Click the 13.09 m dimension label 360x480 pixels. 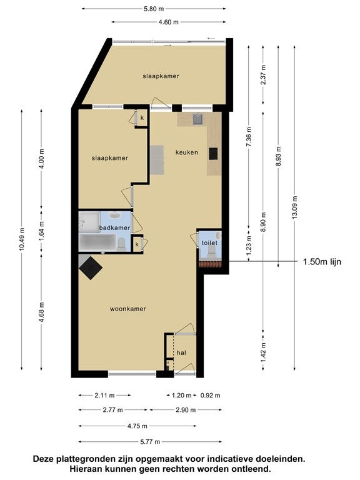pos(294,207)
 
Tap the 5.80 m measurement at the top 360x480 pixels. pos(154,9)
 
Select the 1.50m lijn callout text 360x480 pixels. pos(322,262)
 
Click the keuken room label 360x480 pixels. pos(187,152)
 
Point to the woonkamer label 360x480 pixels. pos(128,309)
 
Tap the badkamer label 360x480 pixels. pos(114,227)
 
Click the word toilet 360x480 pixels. pos(209,242)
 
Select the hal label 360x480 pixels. pos(181,352)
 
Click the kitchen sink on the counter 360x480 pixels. pos(198,119)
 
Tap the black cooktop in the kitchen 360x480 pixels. pos(213,154)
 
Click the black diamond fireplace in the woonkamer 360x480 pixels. pos(91,268)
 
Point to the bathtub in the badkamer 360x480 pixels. pos(97,242)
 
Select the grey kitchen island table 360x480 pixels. pos(157,160)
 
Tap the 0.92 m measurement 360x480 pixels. pos(210,395)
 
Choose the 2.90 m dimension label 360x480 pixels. pos(186,409)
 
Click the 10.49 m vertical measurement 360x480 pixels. pos(21,239)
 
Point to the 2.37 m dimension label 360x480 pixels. pos(263,75)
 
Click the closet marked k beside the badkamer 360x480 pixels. pos(137,244)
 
